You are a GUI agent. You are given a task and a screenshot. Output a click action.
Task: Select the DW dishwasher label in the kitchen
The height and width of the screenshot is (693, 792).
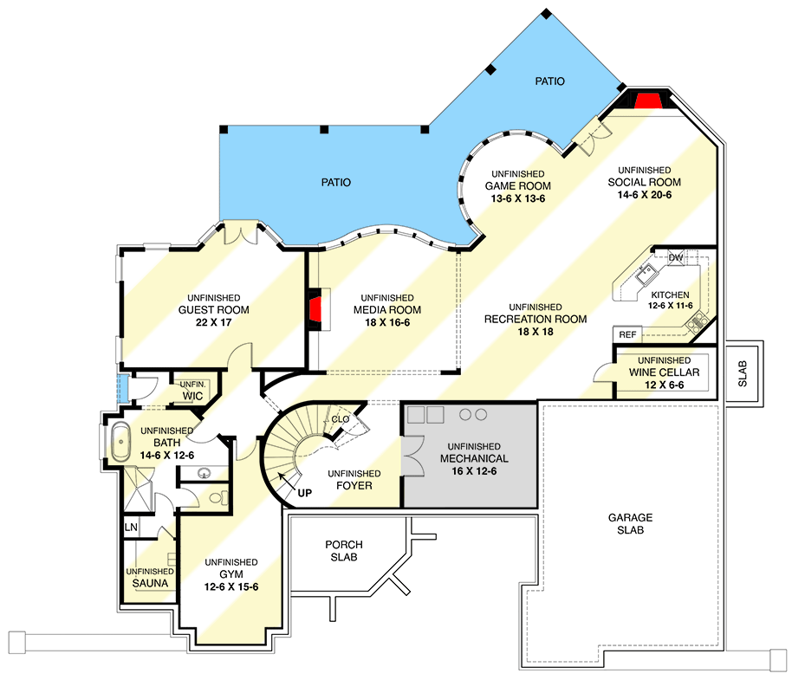[677, 258]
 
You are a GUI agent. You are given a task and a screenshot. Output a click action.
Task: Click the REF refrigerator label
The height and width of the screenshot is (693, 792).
[626, 334]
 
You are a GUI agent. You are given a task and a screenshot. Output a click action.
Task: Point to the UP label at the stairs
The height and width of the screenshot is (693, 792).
[305, 493]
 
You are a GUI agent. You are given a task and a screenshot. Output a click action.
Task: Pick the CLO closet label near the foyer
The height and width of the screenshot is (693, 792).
[339, 419]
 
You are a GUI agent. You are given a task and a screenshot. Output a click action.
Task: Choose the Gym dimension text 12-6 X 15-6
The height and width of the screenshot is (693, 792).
[231, 587]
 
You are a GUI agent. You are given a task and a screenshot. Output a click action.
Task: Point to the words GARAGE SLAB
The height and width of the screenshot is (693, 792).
[630, 523]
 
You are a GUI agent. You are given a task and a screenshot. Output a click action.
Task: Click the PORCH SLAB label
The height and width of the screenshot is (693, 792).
[344, 551]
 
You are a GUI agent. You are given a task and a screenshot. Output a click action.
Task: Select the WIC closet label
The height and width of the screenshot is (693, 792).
[192, 396]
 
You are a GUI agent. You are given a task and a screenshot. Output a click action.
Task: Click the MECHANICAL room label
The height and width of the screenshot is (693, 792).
[474, 458]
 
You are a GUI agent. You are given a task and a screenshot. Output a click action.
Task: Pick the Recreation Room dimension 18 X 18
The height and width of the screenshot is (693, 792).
[536, 331]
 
